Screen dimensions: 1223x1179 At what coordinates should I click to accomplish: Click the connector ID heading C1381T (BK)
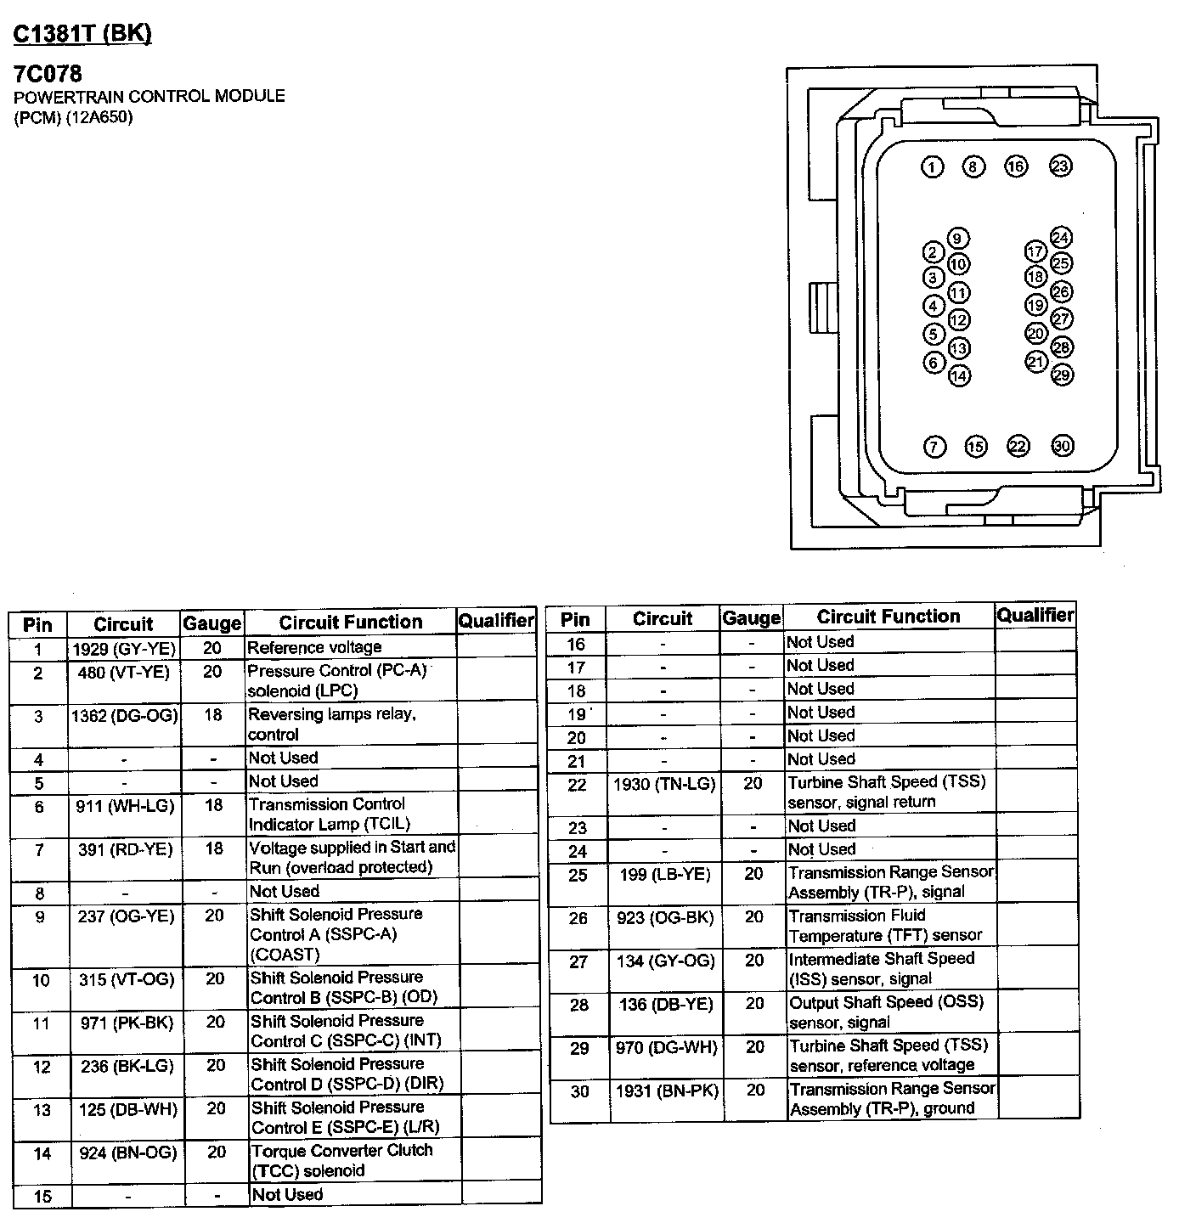[82, 33]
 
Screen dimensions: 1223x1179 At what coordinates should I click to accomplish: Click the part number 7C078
[48, 74]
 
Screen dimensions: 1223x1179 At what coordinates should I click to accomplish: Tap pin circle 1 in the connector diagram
[933, 166]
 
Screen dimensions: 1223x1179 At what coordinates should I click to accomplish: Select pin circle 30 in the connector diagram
[1062, 446]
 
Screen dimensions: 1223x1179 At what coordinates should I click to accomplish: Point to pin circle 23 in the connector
[1060, 166]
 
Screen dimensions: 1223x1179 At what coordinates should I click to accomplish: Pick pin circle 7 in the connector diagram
[934, 447]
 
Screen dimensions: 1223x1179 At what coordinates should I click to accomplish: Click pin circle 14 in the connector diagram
[959, 375]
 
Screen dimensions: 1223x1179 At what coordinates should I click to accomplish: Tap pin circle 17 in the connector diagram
[1035, 251]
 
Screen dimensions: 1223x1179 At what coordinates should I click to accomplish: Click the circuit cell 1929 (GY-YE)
[123, 649]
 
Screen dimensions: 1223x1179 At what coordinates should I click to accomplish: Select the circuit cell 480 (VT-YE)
[123, 673]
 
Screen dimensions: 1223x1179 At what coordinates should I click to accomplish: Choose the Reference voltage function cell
[314, 647]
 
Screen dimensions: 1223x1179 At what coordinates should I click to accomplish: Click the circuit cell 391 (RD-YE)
[125, 849]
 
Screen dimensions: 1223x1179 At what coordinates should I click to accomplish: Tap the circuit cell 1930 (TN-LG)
[664, 784]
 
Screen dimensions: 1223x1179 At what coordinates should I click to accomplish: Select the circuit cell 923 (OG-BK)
[665, 917]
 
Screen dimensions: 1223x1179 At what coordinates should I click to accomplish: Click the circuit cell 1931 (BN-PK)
[667, 1091]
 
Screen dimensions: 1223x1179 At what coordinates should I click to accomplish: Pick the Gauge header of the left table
[212, 624]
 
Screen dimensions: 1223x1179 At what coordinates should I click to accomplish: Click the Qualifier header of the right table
[1035, 615]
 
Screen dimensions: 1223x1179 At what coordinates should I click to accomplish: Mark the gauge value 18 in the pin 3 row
[212, 715]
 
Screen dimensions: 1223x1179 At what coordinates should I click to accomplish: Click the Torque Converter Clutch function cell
[341, 1160]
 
